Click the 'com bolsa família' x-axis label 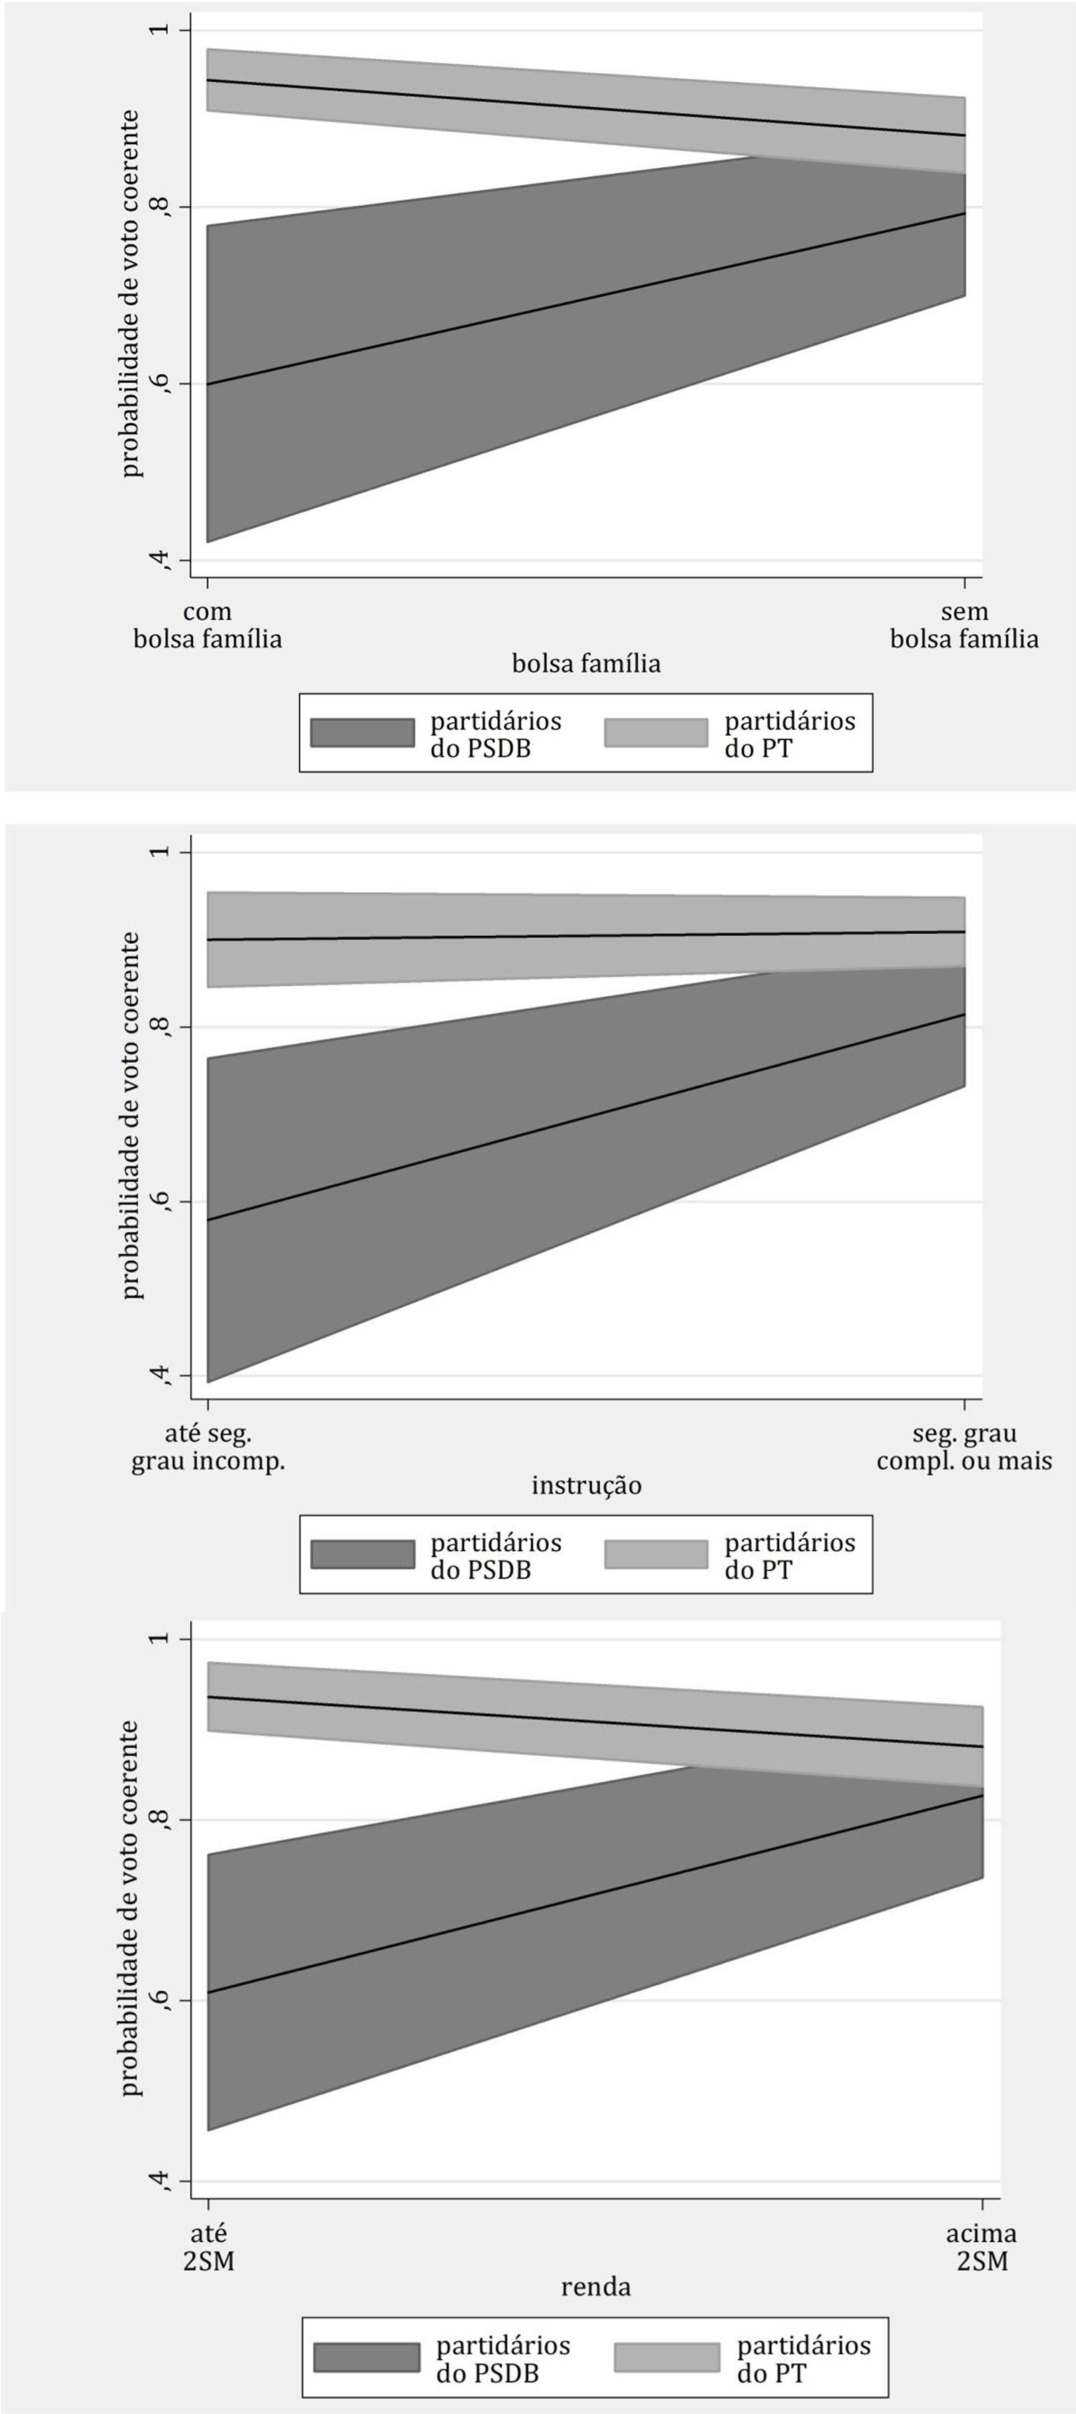(207, 625)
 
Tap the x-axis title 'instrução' (586, 1485)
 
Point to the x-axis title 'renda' (595, 2286)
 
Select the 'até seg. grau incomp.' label (208, 1447)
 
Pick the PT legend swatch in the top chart (656, 733)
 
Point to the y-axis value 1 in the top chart (161, 30)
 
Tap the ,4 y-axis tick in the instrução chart (161, 1375)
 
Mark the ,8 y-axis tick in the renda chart (161, 1820)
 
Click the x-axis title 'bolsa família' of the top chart (586, 663)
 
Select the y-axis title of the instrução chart (131, 1115)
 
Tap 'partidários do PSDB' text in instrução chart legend (496, 1556)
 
